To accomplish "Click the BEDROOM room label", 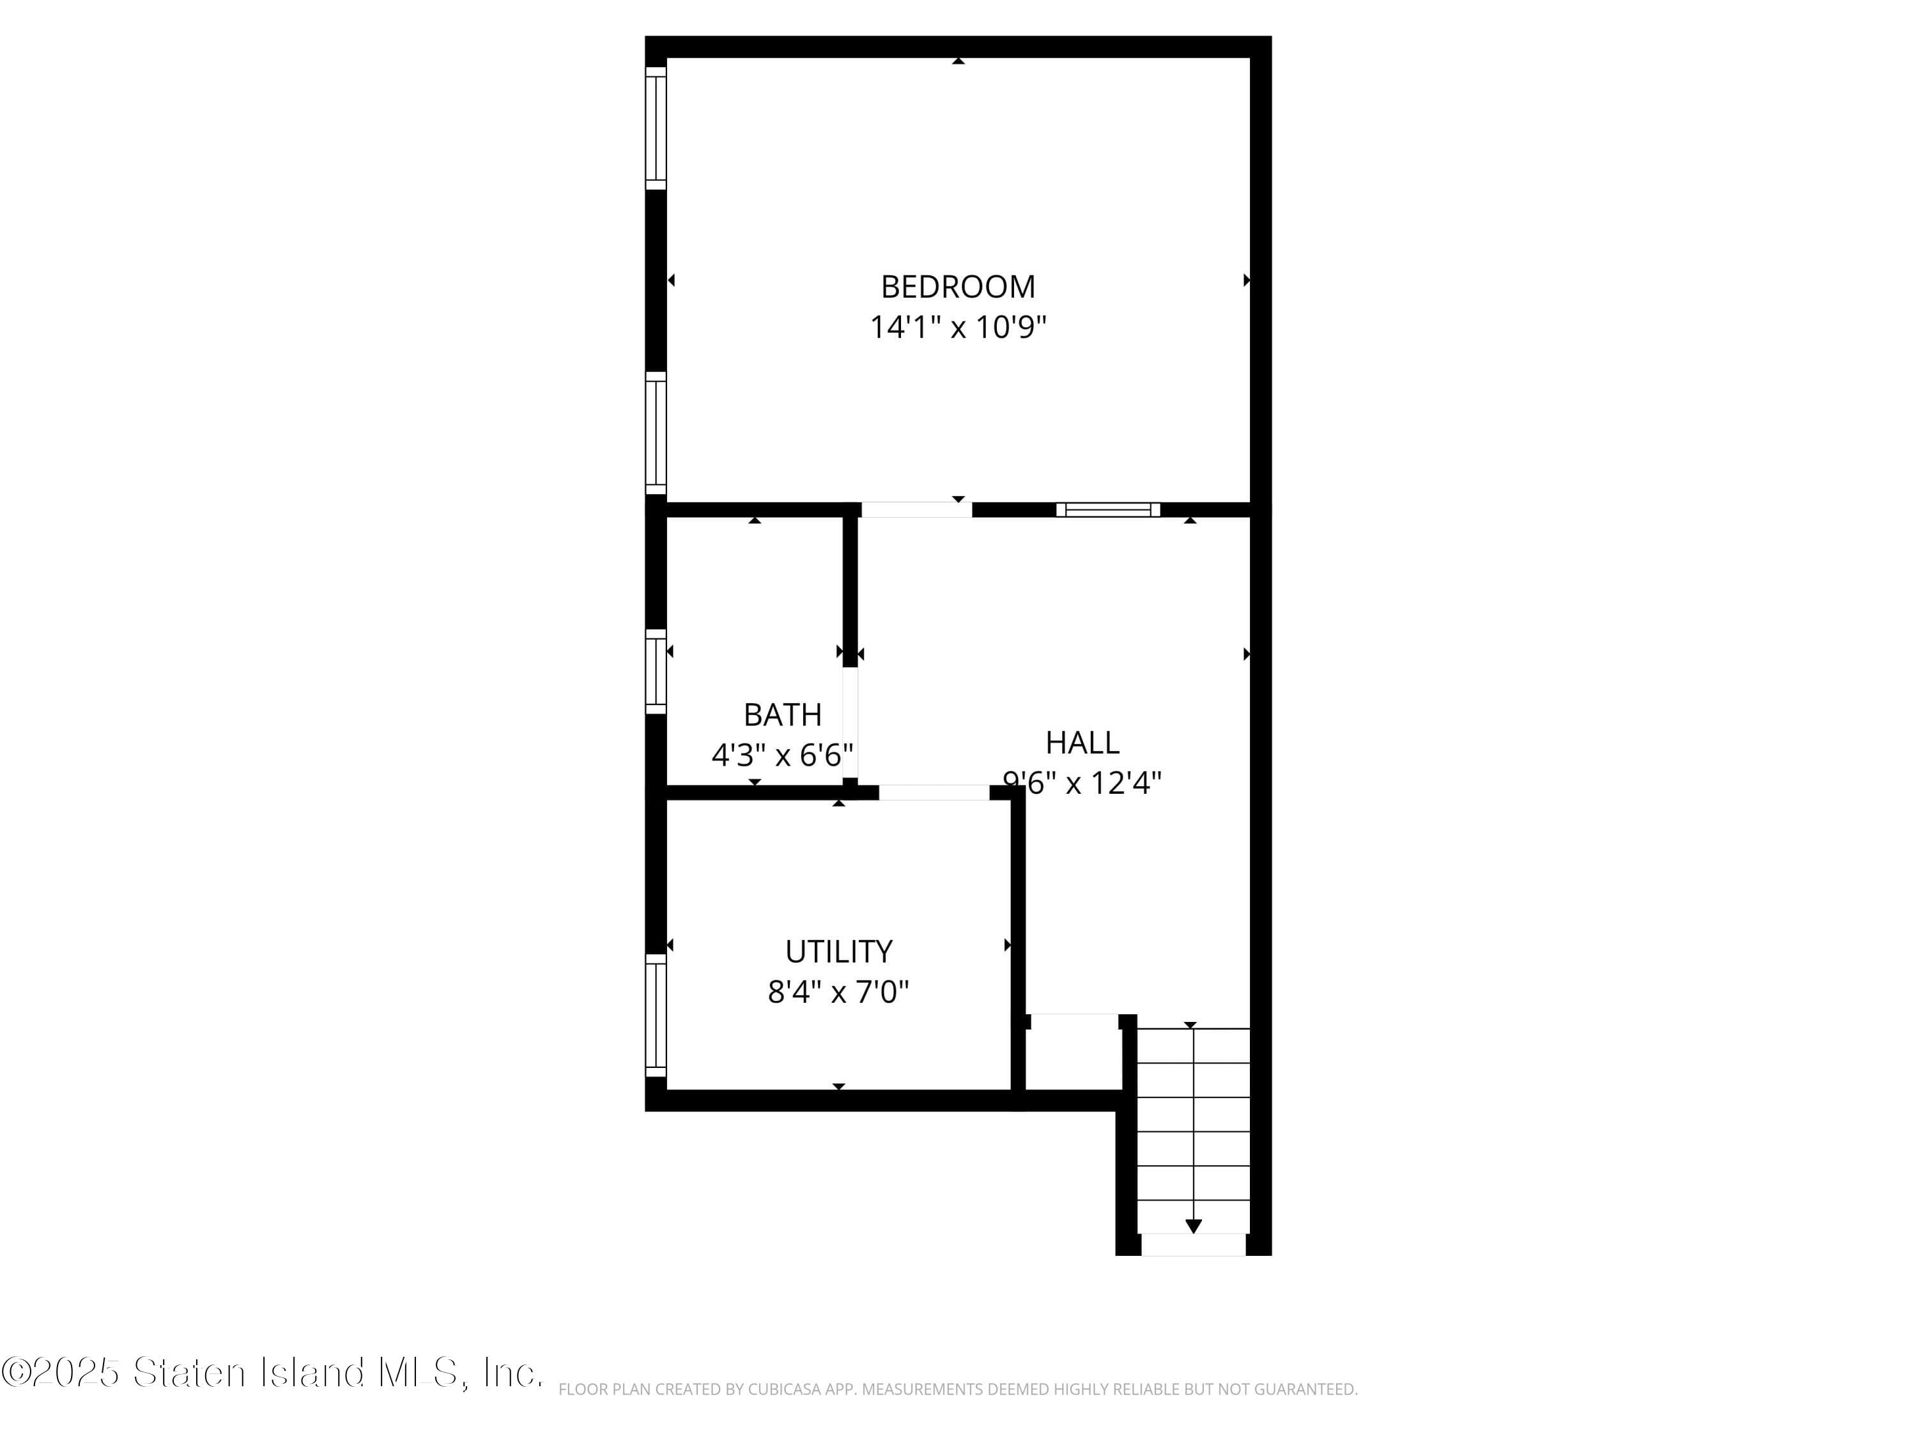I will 958,287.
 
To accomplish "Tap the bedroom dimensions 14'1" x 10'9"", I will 958,328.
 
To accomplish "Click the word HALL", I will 1082,743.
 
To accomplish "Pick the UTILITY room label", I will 838,952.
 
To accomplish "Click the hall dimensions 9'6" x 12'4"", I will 1082,784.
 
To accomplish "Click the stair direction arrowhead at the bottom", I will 1194,1226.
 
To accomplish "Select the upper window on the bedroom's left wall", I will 656,128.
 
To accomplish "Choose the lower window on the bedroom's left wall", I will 656,433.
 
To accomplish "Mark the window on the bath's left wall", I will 656,672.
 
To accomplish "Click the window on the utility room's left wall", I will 656,1015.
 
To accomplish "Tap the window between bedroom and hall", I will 1107,509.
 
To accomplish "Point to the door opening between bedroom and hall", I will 916,509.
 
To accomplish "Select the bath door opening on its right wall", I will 850,723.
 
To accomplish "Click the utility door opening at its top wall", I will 934,792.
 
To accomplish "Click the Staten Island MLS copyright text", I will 272,1373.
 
